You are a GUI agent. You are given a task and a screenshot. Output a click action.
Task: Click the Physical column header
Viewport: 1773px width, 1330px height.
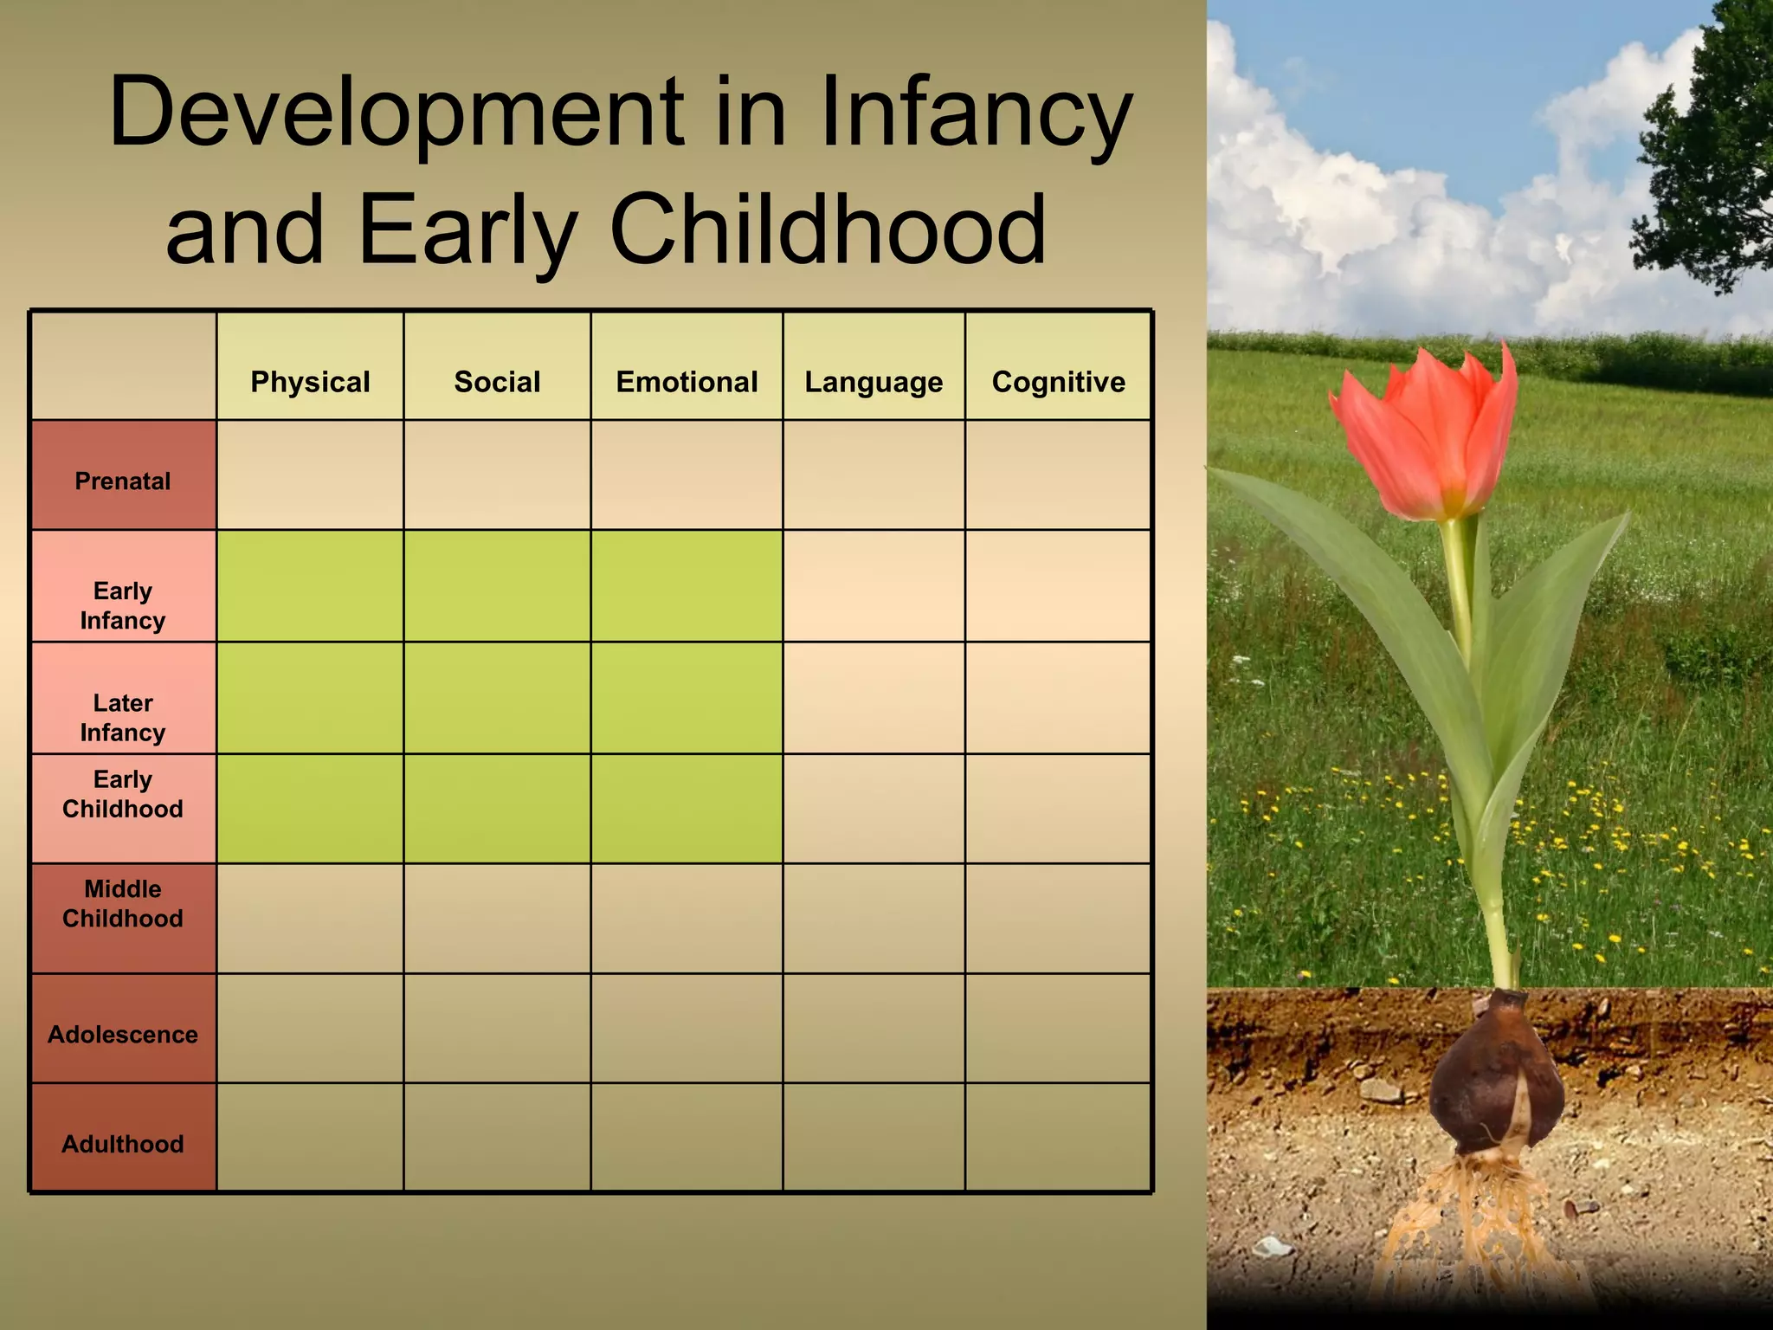(310, 382)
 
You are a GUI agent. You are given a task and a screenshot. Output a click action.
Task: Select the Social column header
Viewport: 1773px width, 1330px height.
(497, 382)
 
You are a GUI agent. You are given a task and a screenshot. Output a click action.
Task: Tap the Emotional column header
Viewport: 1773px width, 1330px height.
(687, 382)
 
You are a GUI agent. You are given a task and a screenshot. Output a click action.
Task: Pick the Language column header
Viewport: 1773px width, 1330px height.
(874, 382)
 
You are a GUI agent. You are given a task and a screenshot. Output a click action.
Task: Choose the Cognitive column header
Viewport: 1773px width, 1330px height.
(1058, 382)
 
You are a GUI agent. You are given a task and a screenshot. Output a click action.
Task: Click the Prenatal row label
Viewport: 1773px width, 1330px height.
(123, 481)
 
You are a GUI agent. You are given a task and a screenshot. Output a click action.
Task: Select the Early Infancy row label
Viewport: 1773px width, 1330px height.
(123, 605)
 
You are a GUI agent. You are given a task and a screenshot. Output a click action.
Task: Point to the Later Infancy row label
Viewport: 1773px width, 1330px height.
(123, 717)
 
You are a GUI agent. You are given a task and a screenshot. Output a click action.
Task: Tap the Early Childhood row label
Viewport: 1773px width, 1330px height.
(123, 794)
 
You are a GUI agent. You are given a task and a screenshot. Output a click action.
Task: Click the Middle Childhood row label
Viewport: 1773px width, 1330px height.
(123, 903)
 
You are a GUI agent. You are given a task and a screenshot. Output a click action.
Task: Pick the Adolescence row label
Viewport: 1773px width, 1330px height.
(123, 1035)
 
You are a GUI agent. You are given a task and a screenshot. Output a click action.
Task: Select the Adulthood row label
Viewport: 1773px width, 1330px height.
(123, 1144)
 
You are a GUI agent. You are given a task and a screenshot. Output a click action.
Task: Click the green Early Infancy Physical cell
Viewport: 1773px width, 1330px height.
(310, 586)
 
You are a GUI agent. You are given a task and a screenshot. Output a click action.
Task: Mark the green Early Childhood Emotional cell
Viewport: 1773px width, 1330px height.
(687, 808)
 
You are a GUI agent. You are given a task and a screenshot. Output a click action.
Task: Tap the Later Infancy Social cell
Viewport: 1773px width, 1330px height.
(497, 698)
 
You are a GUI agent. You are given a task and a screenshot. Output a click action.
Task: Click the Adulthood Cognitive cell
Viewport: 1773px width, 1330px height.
(1058, 1137)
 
